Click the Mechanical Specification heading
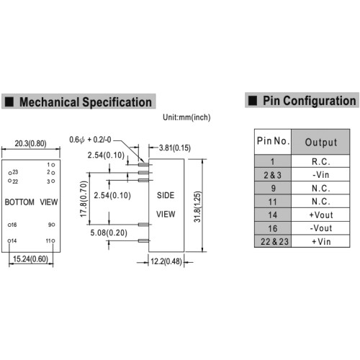[86, 102]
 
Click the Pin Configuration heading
[310, 101]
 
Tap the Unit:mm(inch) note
[186, 117]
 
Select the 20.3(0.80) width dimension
[30, 143]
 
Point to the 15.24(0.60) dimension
[30, 259]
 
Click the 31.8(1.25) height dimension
[197, 207]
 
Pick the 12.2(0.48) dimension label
[166, 261]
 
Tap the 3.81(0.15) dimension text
[175, 148]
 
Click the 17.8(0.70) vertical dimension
[84, 199]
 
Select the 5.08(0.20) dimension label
[109, 233]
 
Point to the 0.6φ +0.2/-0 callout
[90, 140]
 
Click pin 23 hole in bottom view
[10, 173]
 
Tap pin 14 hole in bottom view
[9, 240]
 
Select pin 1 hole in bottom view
[53, 165]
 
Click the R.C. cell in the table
[320, 161]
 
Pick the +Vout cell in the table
[320, 215]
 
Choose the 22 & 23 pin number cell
[273, 241]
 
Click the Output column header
[320, 142]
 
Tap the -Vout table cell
[320, 228]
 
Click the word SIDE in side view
[166, 195]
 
